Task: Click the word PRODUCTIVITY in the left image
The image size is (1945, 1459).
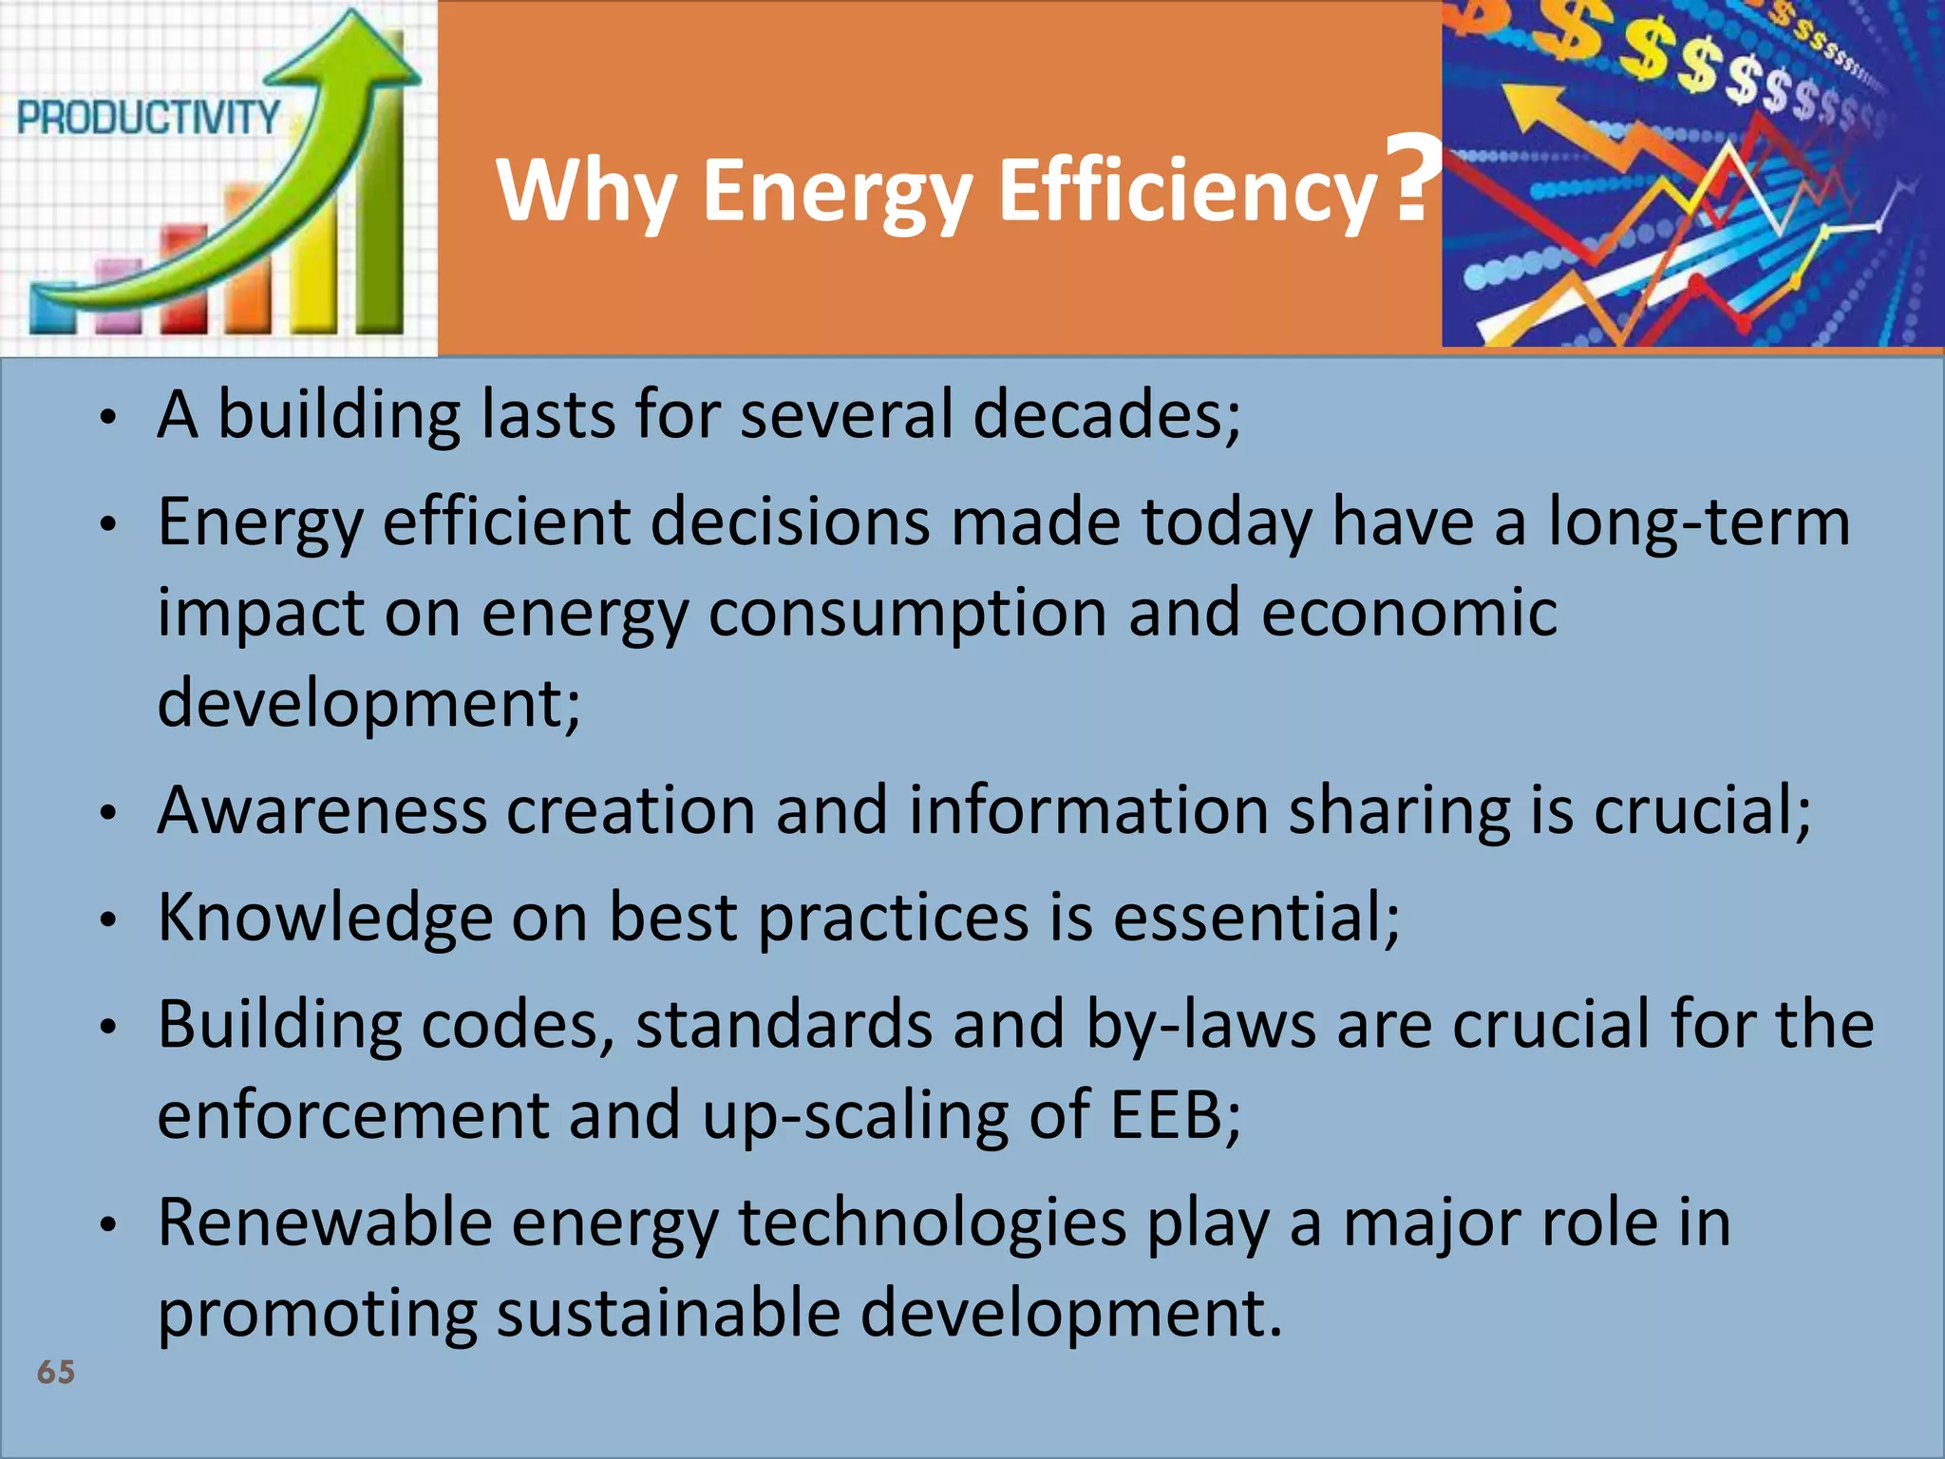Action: (148, 119)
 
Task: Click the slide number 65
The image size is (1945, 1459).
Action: (56, 1372)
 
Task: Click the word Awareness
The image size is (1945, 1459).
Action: (322, 811)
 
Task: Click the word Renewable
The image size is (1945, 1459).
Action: (324, 1223)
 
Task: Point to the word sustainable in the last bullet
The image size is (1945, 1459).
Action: (669, 1314)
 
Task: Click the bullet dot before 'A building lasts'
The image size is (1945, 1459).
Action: (109, 418)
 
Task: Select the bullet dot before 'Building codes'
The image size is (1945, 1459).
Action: (109, 1027)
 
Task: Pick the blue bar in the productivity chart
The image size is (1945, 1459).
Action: (53, 309)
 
